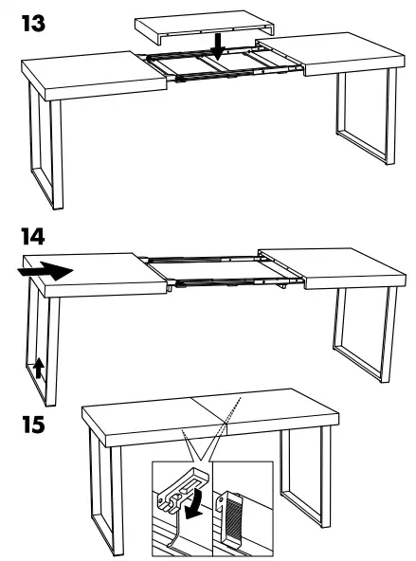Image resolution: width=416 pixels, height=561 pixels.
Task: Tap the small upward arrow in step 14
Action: click(x=39, y=368)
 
